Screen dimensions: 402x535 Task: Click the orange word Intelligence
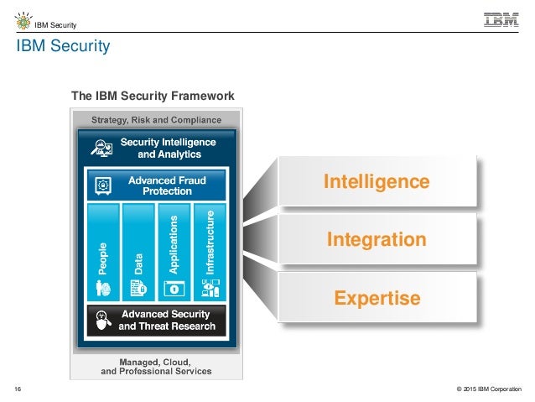[377, 182]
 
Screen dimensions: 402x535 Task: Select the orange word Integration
[377, 240]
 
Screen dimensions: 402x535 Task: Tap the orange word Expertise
[377, 298]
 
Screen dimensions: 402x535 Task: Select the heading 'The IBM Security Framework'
[152, 97]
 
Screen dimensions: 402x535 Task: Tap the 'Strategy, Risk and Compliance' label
[157, 119]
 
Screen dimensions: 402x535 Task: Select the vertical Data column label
[138, 264]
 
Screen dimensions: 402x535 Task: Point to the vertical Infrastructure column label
[210, 243]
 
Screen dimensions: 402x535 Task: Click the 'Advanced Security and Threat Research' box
[158, 321]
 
